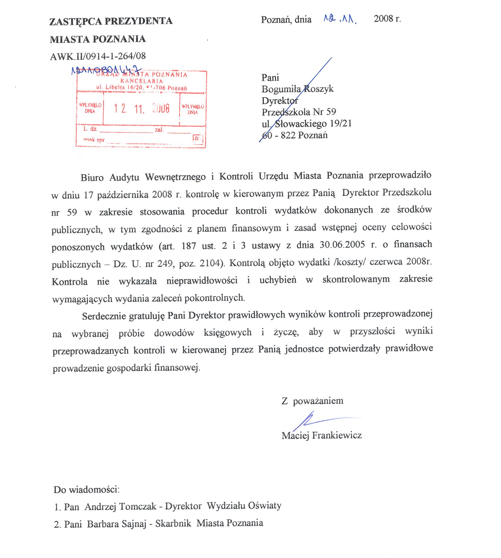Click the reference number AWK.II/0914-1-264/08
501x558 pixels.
point(98,56)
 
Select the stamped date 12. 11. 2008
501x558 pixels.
point(141,108)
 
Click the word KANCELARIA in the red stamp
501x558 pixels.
point(141,81)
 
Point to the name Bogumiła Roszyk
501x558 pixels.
point(297,89)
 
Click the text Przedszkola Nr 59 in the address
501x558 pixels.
point(299,112)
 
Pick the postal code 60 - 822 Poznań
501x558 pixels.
point(295,135)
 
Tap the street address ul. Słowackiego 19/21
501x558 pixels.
point(306,124)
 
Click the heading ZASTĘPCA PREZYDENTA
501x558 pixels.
point(111,21)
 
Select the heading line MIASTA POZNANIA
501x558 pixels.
point(98,39)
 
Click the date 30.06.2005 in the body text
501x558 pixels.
point(342,245)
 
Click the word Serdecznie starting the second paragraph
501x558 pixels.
point(104,316)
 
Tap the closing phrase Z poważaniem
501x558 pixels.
point(312,401)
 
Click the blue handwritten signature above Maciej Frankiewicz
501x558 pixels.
point(315,421)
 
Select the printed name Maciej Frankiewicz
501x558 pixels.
point(321,436)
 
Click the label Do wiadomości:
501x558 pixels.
point(87,490)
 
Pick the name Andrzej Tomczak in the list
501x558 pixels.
point(120,507)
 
